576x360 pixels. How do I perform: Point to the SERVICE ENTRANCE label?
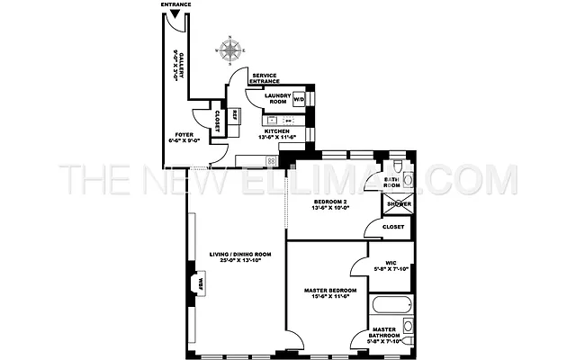pyautogui.click(x=265, y=79)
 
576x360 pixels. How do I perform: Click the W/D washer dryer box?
pyautogui.click(x=299, y=99)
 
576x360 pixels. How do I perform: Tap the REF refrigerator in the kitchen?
pyautogui.click(x=234, y=115)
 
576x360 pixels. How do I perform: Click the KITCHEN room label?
pyautogui.click(x=276, y=131)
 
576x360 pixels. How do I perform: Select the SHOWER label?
pyautogui.click(x=399, y=204)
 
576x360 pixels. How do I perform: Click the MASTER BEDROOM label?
pyautogui.click(x=329, y=291)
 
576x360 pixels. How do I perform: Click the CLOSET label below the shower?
pyautogui.click(x=393, y=227)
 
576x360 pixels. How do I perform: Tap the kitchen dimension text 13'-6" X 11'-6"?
pyautogui.click(x=276, y=138)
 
